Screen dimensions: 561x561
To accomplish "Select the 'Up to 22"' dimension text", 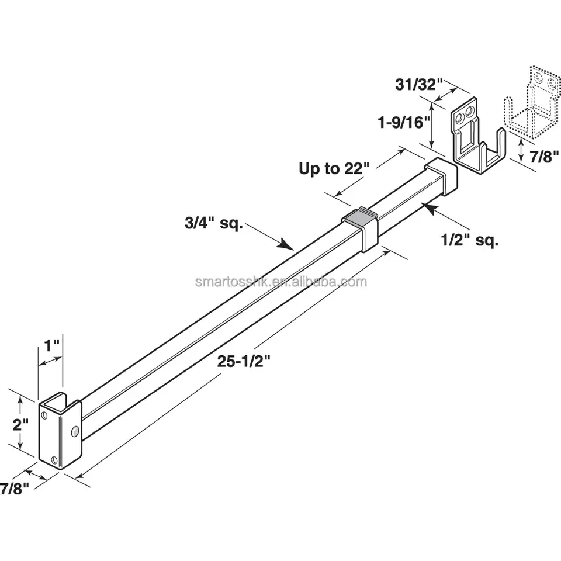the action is point(335,169).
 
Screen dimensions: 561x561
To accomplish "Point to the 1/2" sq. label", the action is point(469,239).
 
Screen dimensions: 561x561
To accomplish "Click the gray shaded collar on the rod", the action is point(360,217).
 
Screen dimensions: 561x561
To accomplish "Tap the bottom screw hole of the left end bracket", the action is point(55,460).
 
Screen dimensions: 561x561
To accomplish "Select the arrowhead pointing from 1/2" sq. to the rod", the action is point(430,206).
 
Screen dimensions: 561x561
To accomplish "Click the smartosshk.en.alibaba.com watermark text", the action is point(280,282).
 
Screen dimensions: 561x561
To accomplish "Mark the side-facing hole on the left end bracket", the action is point(74,431).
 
